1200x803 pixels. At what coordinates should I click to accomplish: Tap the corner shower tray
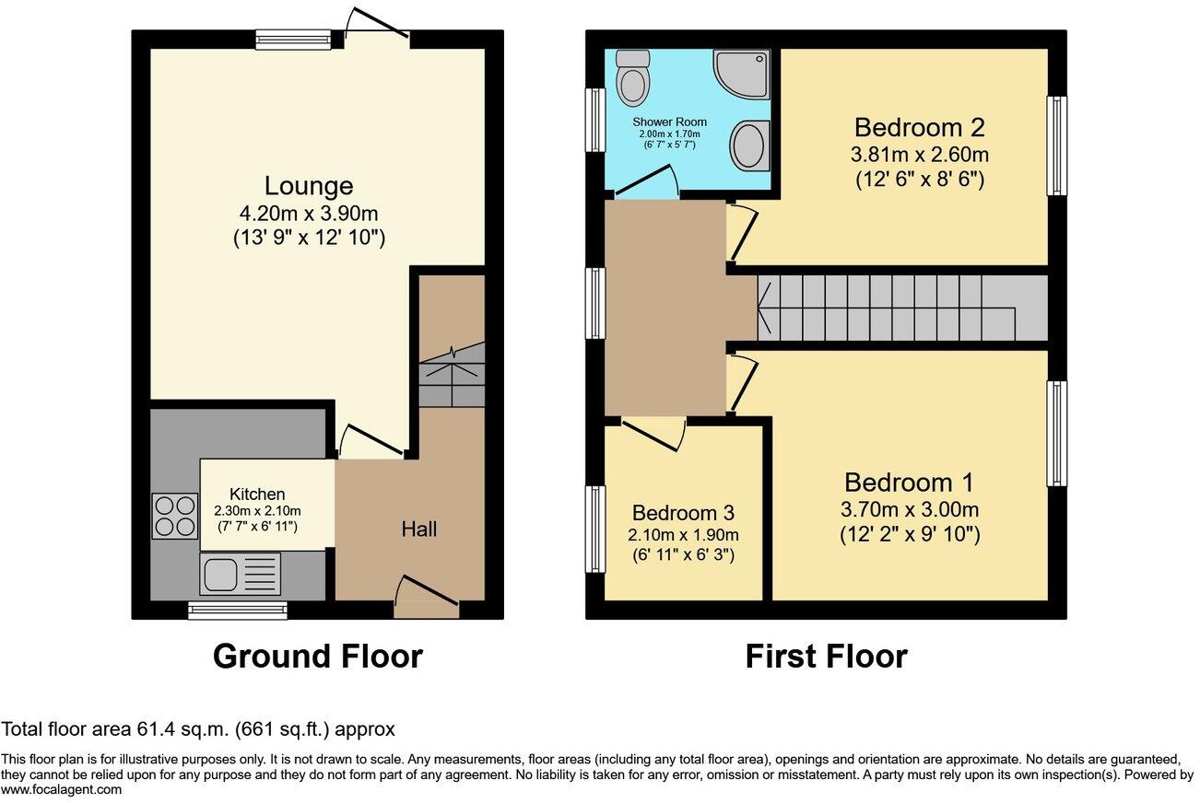(x=742, y=74)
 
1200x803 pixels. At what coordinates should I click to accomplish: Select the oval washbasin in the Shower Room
(x=750, y=145)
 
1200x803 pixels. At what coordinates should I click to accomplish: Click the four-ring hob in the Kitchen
(x=175, y=516)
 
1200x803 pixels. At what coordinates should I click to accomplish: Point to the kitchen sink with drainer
(x=240, y=574)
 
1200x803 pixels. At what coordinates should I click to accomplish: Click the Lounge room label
(x=309, y=186)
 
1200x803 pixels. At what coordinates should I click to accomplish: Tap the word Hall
(x=419, y=530)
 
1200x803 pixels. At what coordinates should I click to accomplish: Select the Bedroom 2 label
(x=919, y=127)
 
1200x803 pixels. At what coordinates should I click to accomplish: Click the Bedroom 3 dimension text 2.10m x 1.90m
(x=683, y=534)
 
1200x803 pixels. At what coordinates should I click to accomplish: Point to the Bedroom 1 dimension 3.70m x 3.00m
(x=910, y=509)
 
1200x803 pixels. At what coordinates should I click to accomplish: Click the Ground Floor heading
(x=318, y=657)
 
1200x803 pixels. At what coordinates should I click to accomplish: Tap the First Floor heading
(x=826, y=657)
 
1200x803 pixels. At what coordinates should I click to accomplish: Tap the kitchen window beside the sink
(x=237, y=611)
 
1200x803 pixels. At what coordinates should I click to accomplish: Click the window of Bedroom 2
(x=1057, y=145)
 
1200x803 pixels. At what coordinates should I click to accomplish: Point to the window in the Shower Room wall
(x=594, y=120)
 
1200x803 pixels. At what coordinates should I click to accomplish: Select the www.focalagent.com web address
(x=61, y=789)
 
